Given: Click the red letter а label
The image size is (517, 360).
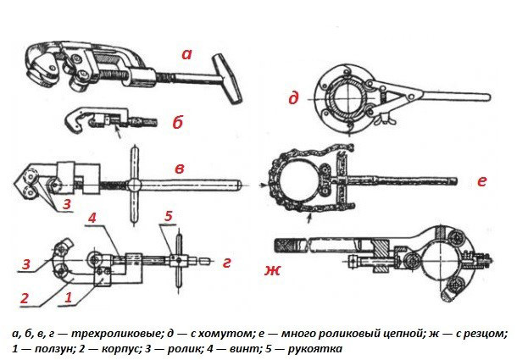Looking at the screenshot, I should pyautogui.click(x=186, y=54).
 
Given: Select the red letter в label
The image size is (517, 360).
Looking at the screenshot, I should pyautogui.click(x=180, y=167).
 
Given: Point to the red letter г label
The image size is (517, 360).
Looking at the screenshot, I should pyautogui.click(x=226, y=262).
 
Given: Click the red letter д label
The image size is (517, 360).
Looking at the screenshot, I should pyautogui.click(x=294, y=99).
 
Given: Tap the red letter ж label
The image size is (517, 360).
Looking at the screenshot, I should pyautogui.click(x=270, y=270).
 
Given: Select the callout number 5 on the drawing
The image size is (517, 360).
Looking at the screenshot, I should pyautogui.click(x=169, y=216).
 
